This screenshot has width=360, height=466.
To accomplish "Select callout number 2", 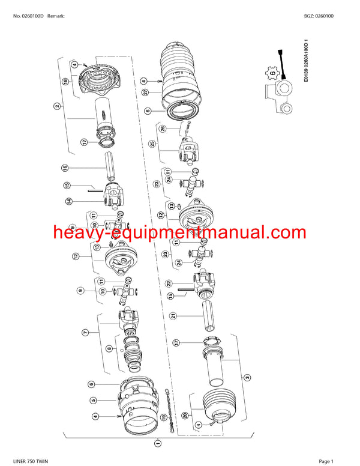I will point(57,106).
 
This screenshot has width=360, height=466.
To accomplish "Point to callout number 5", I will point(93,401).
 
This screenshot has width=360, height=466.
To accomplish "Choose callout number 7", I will point(85,332).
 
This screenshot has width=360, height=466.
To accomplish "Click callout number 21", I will point(172,315).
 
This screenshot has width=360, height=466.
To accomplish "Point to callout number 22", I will point(169,283).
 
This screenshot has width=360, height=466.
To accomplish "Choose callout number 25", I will point(152,144).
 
